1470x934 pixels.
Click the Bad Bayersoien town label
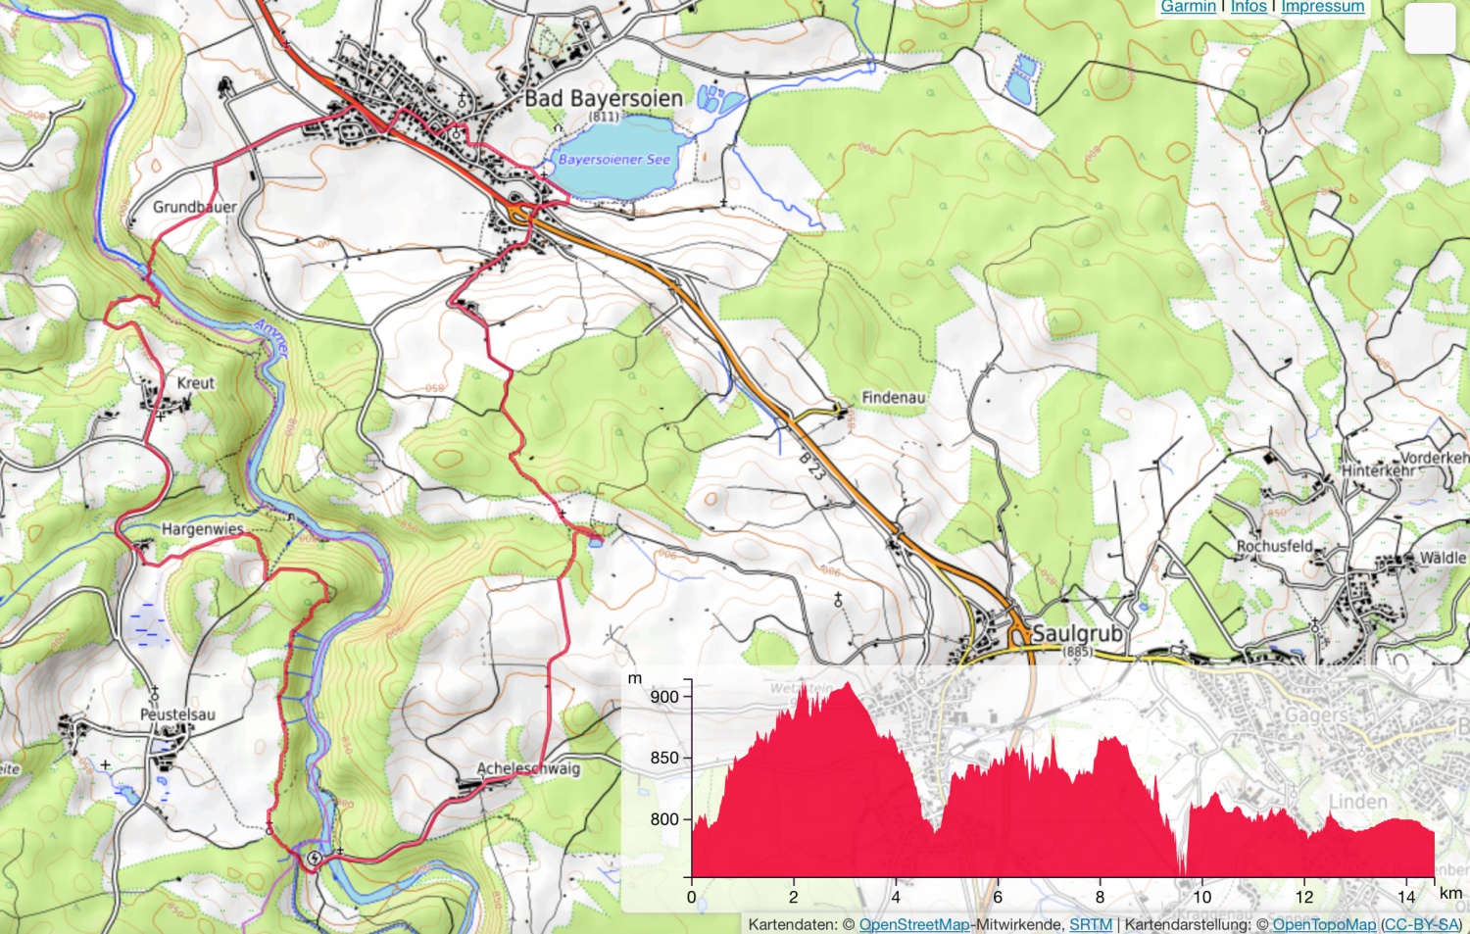(603, 98)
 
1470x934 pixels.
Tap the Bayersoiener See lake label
(614, 159)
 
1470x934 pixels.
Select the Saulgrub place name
(1077, 633)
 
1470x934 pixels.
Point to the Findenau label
(893, 397)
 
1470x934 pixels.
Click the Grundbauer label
(194, 207)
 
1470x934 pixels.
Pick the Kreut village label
(195, 382)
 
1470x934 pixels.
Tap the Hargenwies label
(202, 528)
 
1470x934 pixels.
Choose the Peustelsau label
(177, 714)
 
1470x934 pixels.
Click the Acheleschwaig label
(528, 768)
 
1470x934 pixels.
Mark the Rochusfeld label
(1274, 546)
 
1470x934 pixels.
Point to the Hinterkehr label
(1378, 470)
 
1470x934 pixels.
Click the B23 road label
(811, 466)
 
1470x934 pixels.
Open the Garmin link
(1188, 7)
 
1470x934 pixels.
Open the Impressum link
(1322, 7)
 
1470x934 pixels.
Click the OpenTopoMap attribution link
(1324, 924)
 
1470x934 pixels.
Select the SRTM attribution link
(1090, 924)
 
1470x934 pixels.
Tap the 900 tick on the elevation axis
(664, 697)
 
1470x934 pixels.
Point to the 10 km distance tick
(1201, 896)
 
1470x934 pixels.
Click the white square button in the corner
(1430, 28)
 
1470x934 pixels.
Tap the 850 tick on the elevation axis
(664, 758)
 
